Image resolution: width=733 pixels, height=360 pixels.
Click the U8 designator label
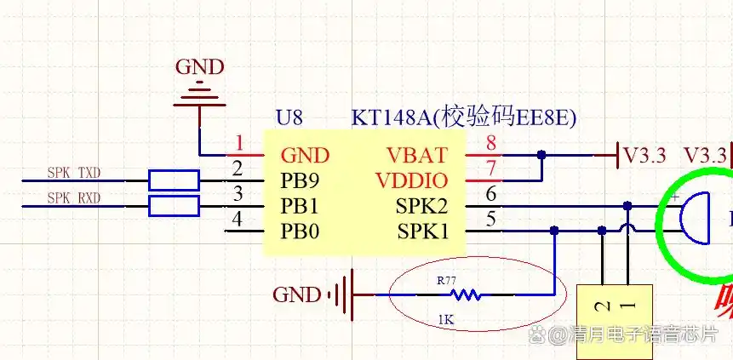289,117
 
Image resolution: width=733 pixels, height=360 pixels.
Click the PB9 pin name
300,181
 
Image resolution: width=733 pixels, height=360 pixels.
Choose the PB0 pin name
300,231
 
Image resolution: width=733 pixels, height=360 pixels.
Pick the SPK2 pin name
421,206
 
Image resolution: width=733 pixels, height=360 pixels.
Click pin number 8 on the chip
490,143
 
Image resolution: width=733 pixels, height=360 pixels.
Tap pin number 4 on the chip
238,219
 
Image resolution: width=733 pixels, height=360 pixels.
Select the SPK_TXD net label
74,174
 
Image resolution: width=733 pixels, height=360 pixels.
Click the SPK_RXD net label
74,198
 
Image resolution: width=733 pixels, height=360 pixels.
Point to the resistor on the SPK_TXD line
174,180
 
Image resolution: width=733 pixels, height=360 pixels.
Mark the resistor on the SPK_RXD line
174,206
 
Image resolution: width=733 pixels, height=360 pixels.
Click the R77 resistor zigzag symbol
465,295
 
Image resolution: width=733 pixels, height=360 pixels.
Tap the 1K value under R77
445,321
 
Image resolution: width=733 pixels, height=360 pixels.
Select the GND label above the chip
199,67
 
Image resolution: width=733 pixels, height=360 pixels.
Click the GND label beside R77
297,295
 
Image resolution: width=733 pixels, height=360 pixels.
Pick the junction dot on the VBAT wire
541,156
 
